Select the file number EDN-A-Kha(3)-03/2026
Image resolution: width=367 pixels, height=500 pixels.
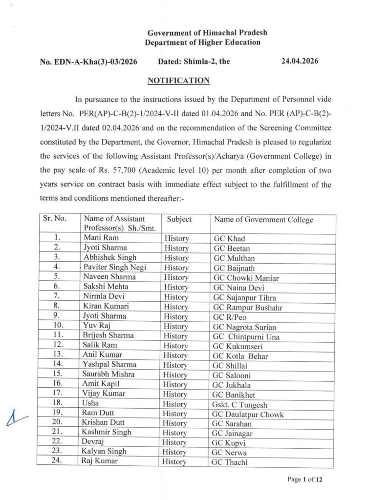[x=88, y=62]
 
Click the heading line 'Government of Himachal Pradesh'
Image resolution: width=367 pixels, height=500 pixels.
[x=207, y=33]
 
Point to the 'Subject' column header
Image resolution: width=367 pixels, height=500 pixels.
[x=179, y=220]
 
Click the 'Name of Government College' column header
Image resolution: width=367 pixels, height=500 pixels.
[x=263, y=220]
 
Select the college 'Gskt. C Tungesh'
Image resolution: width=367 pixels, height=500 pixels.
[x=239, y=405]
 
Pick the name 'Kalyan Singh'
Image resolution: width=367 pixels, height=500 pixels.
[x=105, y=452]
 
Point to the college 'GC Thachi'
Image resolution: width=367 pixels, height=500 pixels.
[x=229, y=462]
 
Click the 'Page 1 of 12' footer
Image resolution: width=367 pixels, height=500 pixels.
[x=305, y=479]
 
